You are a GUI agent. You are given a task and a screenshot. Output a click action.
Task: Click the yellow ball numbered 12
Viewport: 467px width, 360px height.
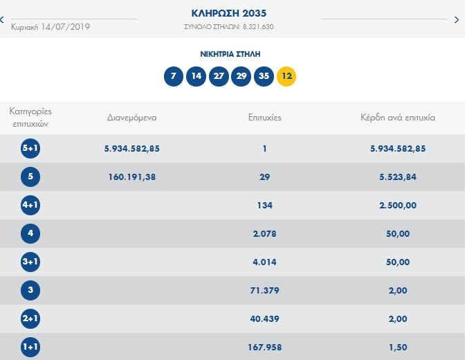click(x=286, y=76)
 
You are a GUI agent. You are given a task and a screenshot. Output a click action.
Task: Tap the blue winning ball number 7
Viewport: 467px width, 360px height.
click(x=174, y=76)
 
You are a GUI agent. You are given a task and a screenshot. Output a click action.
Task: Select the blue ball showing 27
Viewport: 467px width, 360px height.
click(x=219, y=76)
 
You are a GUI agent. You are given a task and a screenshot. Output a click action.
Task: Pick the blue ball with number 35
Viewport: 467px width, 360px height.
click(x=263, y=76)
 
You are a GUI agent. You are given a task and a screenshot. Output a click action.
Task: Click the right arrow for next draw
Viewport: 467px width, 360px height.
click(x=456, y=20)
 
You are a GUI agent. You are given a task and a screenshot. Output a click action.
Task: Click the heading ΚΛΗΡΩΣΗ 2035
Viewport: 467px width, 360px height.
click(x=228, y=13)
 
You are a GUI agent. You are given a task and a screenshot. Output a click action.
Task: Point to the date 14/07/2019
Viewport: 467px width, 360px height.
click(x=65, y=27)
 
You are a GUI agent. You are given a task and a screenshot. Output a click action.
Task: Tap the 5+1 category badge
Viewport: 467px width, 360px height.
click(x=30, y=148)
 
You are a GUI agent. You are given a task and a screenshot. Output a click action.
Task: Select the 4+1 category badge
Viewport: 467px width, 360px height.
click(x=30, y=206)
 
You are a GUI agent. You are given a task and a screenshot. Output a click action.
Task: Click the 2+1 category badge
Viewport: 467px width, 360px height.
click(x=30, y=319)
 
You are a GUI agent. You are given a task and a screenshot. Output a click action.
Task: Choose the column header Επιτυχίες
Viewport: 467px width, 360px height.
click(x=264, y=118)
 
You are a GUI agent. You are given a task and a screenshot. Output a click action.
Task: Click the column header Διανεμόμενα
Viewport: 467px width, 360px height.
click(x=132, y=118)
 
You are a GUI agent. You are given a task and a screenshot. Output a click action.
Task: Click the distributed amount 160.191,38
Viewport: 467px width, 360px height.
click(x=132, y=177)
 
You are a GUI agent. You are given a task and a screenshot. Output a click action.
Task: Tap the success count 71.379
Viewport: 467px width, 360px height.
click(x=264, y=291)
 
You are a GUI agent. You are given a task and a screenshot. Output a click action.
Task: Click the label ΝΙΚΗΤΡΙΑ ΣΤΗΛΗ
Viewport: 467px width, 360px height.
click(x=230, y=53)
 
